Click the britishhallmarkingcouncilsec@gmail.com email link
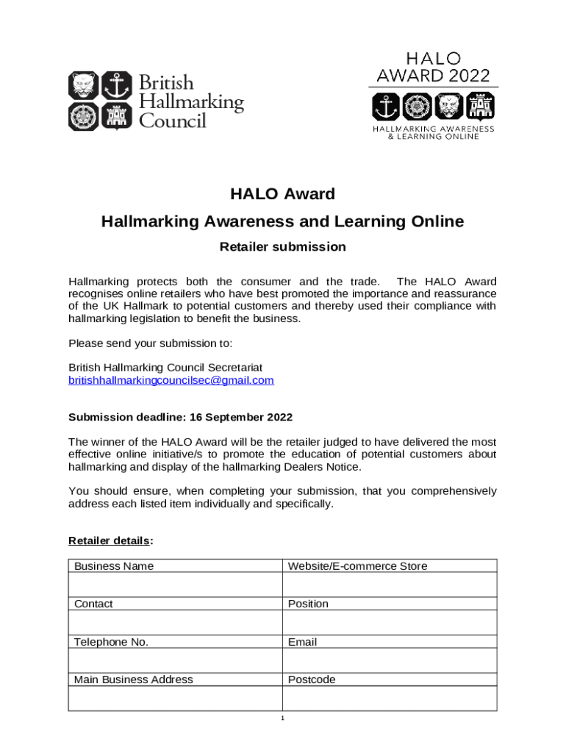(x=171, y=380)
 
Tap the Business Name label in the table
(x=114, y=565)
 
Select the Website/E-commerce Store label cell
(x=357, y=565)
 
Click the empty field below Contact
(x=175, y=622)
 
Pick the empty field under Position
(x=390, y=622)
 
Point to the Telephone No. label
(x=111, y=642)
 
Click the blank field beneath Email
(x=390, y=660)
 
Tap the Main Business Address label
(x=134, y=679)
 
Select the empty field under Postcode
(x=390, y=698)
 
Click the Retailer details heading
(x=111, y=541)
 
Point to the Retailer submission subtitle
(x=282, y=247)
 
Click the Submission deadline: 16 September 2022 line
(x=180, y=417)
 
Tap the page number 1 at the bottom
(x=282, y=718)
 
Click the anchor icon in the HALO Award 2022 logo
(x=386, y=106)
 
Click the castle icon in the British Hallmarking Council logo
(x=114, y=116)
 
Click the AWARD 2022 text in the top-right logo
(x=433, y=75)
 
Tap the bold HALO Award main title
(x=282, y=194)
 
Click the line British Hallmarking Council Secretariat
(x=165, y=367)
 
